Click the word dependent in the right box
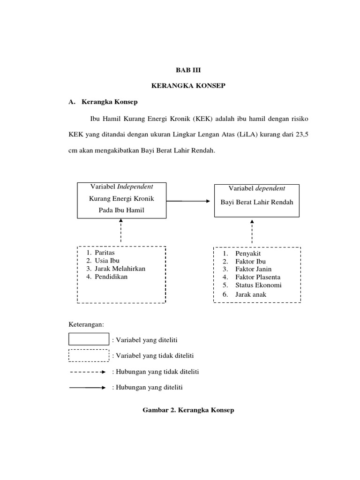(270, 188)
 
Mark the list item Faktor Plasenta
(258, 277)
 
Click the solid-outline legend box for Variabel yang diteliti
(89, 339)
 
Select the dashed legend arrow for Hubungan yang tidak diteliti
(88, 372)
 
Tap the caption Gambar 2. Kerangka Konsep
(188, 410)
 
